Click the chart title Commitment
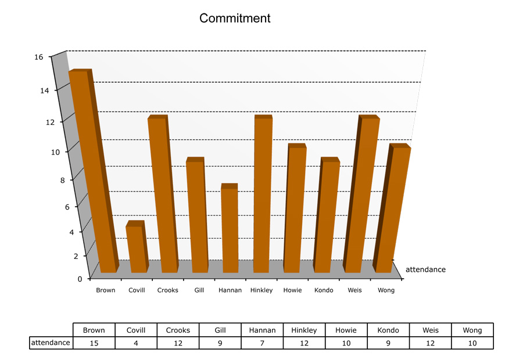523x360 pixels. [x=235, y=18]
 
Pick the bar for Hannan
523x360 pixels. [x=230, y=229]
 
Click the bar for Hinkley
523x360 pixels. [x=263, y=195]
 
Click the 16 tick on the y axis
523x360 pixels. [x=39, y=57]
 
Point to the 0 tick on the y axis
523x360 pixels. [x=80, y=279]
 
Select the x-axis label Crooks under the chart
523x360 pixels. [x=168, y=290]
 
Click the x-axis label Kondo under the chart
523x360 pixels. [x=324, y=290]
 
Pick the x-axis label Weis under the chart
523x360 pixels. [x=355, y=290]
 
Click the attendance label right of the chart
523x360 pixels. [x=425, y=269]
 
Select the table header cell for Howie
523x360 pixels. [x=346, y=330]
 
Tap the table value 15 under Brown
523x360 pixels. [x=94, y=343]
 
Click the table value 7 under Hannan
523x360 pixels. [x=262, y=343]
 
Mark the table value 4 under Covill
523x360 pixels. [x=136, y=343]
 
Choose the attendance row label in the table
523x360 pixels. [x=51, y=343]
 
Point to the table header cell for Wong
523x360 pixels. [x=472, y=330]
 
